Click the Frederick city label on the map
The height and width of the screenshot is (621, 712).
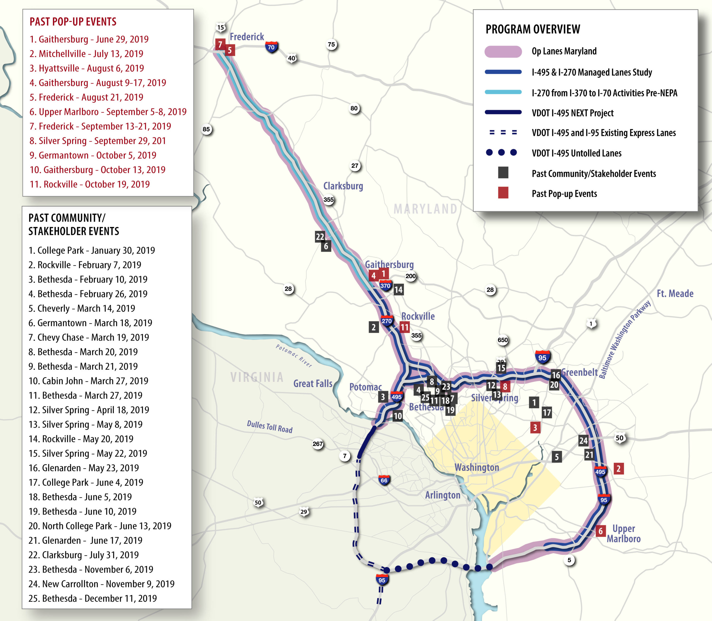tap(247, 37)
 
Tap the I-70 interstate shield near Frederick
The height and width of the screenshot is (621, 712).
tap(271, 47)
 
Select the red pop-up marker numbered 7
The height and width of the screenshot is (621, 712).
tap(220, 44)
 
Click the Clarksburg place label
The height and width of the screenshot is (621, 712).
tap(343, 186)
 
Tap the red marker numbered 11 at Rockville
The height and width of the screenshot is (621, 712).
tap(404, 327)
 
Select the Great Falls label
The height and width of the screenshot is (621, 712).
tap(313, 383)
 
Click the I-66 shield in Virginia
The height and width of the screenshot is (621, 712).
tap(384, 480)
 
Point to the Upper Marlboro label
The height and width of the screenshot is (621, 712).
tap(623, 534)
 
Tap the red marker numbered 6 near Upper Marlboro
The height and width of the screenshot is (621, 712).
tap(600, 531)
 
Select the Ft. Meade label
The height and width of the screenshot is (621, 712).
tap(674, 294)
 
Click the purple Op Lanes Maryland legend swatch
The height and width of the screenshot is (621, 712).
tap(503, 52)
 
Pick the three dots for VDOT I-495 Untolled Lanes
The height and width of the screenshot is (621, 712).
tap(501, 152)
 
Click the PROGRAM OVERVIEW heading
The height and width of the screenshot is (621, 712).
tap(533, 29)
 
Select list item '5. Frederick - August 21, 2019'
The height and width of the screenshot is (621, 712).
tap(86, 97)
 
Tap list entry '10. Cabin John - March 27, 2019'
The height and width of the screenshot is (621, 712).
tap(88, 381)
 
